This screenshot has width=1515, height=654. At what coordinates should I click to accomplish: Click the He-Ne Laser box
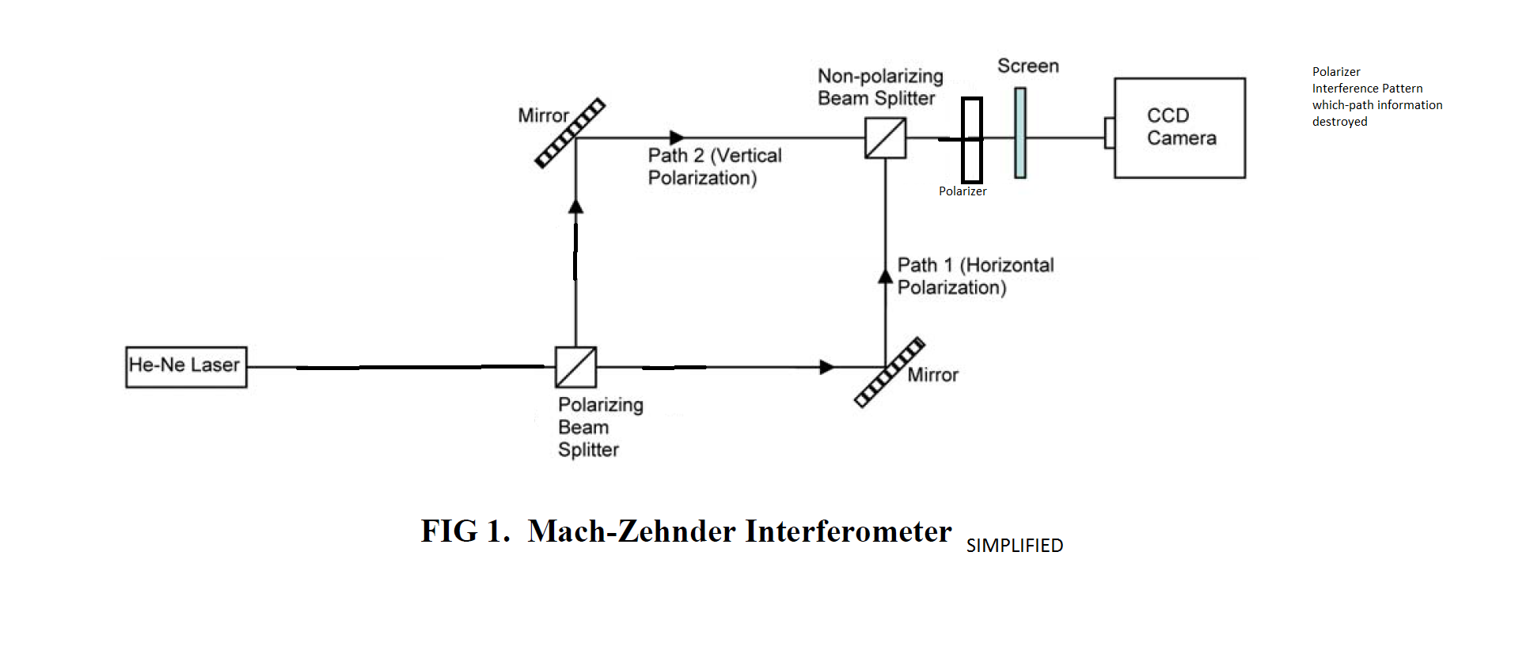tap(186, 367)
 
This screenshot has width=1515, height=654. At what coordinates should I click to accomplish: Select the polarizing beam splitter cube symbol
tap(575, 367)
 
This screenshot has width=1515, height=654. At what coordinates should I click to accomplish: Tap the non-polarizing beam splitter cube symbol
tap(885, 138)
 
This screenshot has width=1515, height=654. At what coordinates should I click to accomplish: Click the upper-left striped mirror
tap(570, 133)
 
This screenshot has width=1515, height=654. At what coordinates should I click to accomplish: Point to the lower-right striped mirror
tap(889, 372)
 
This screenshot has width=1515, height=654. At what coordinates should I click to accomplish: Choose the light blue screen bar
tap(1020, 132)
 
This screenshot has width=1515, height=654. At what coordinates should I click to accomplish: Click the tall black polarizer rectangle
tap(972, 140)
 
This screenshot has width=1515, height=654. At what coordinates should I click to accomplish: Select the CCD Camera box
tap(1179, 127)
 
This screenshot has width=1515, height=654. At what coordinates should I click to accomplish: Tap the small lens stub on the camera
tap(1110, 132)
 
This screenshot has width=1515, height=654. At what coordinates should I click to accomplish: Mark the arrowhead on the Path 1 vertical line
tap(885, 276)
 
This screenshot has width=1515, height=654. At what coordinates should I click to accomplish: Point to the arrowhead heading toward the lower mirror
tap(827, 367)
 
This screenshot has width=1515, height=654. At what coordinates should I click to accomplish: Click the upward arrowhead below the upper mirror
tap(575, 206)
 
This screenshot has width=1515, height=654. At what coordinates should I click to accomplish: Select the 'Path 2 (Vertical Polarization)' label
tap(714, 166)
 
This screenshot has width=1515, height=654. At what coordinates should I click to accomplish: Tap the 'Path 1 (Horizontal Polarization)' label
tap(975, 276)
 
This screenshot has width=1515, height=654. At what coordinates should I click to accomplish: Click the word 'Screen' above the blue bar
tap(1027, 66)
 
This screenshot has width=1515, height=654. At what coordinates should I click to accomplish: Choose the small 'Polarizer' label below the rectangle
tap(963, 191)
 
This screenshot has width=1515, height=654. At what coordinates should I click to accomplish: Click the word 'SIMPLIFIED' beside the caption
tap(1014, 546)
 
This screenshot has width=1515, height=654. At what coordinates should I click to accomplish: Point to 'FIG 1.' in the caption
tap(465, 531)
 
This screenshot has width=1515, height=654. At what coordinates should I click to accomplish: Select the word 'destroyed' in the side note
tap(1339, 122)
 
